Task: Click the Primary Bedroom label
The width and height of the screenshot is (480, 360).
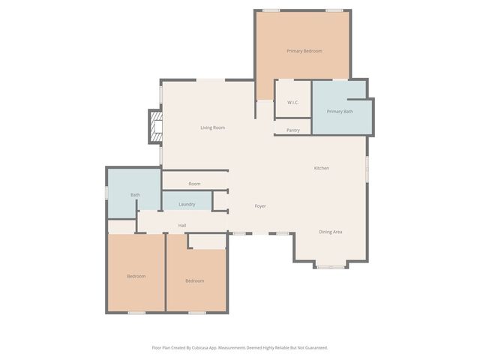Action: [304, 51]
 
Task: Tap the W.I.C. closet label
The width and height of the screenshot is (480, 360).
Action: [293, 102]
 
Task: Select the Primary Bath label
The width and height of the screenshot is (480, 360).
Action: [340, 112]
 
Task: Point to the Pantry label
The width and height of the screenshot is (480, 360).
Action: [293, 130]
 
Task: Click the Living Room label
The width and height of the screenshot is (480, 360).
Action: [212, 127]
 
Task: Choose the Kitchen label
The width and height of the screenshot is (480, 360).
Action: [321, 168]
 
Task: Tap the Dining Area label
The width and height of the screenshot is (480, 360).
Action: [331, 232]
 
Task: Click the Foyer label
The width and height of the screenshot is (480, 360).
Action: [260, 206]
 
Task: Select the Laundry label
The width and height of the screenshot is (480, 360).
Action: [187, 204]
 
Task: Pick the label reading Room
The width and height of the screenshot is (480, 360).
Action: [194, 184]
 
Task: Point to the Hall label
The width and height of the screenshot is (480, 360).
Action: [182, 226]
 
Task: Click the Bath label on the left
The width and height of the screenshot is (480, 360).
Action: [135, 195]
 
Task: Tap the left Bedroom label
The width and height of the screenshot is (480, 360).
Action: [136, 276]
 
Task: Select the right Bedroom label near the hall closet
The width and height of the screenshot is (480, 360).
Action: [194, 280]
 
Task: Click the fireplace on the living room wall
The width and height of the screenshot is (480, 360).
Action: [155, 127]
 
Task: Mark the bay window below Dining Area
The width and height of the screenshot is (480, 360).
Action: [331, 266]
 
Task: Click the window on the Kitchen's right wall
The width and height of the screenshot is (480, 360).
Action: [367, 167]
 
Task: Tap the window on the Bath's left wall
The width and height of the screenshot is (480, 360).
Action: [106, 193]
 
